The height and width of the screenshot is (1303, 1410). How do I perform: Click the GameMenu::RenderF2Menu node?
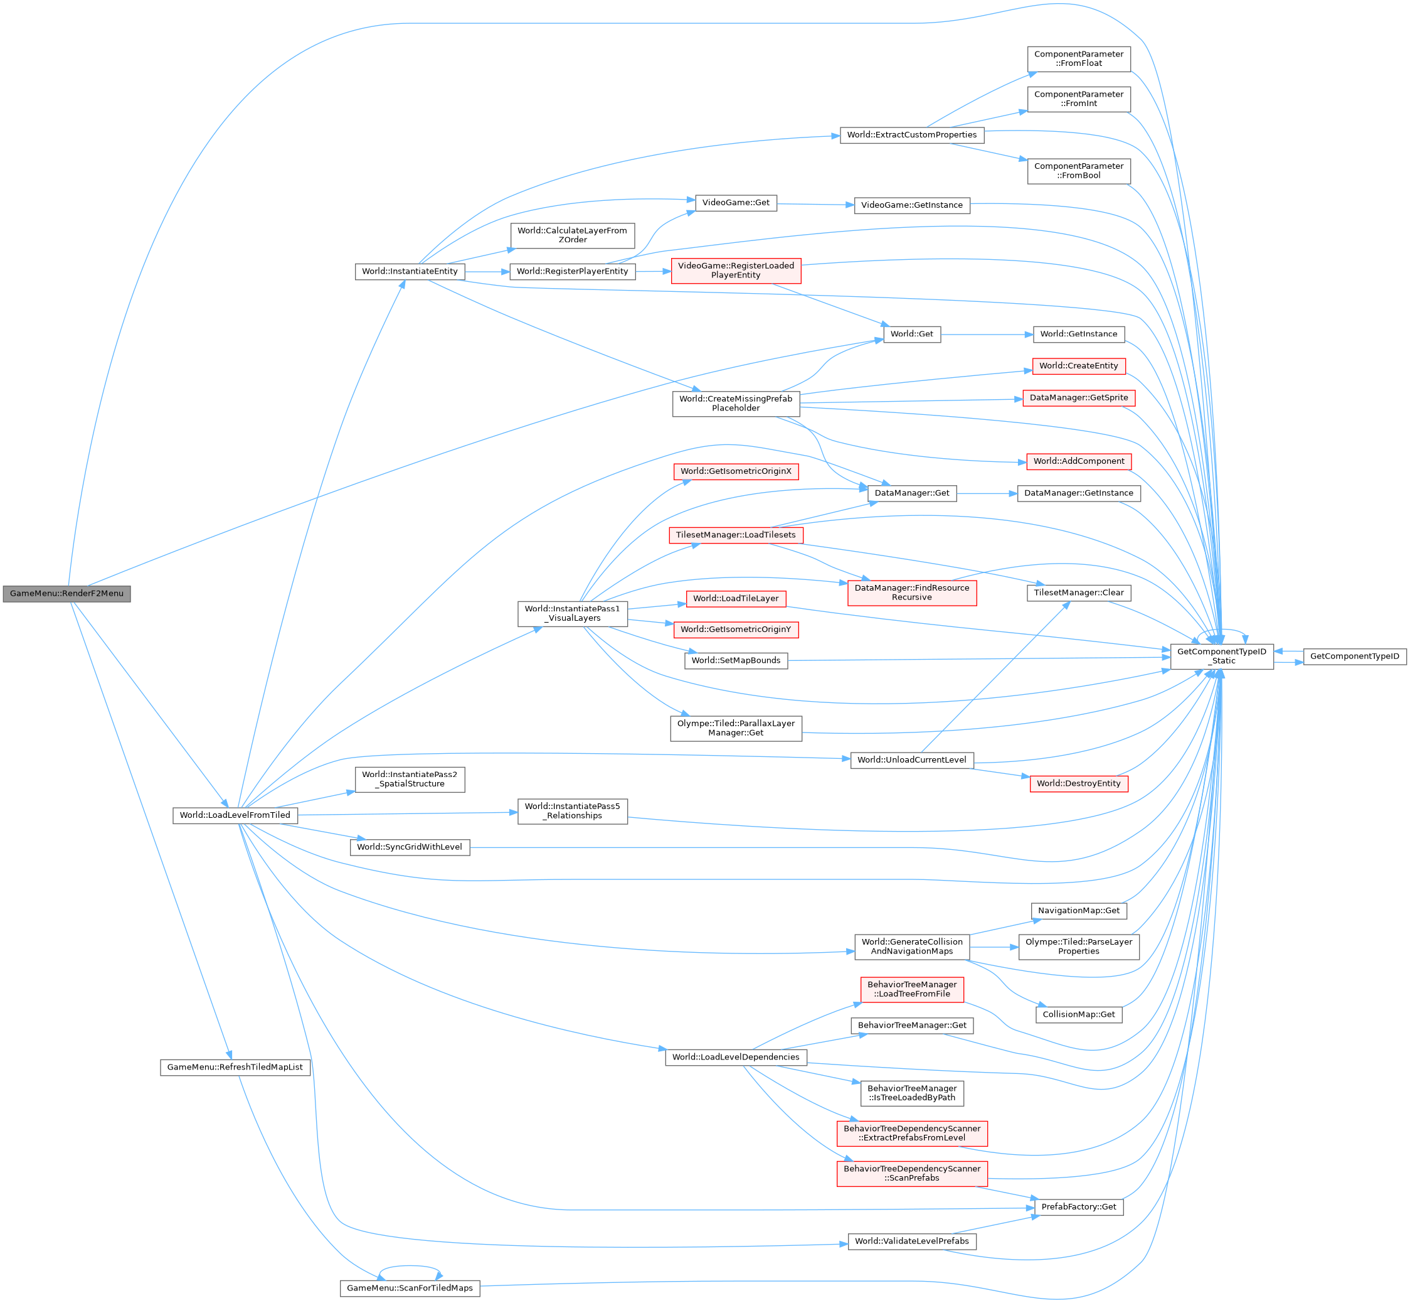pos(66,594)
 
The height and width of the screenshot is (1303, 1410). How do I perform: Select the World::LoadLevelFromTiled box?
pos(235,815)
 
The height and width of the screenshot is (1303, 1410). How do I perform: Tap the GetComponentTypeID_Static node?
pos(1221,657)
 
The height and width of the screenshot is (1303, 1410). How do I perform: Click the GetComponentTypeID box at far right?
pos(1354,657)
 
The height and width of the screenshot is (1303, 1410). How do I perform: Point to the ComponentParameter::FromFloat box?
pos(1078,58)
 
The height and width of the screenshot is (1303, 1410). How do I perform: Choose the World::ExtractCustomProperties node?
pos(911,135)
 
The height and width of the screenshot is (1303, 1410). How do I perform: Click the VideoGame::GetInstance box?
pos(911,205)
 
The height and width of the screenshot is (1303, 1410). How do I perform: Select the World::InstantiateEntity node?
pos(410,271)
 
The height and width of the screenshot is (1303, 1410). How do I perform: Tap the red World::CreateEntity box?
pos(1078,366)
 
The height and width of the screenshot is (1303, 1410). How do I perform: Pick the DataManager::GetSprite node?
pos(1078,398)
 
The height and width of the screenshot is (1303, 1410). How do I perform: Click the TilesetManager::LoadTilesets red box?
pos(735,535)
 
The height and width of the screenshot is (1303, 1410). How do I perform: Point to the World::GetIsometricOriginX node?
pos(735,471)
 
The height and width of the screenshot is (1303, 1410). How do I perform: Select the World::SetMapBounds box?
pos(735,661)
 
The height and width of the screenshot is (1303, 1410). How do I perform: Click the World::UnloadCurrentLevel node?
pos(911,760)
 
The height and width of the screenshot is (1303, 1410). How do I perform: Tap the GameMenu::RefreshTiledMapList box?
pos(235,1068)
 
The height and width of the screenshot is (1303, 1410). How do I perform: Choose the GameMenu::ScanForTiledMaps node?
pos(410,1288)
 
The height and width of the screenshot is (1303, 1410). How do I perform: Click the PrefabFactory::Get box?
pos(1078,1207)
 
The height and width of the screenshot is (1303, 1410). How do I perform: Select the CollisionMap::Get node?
pos(1078,1015)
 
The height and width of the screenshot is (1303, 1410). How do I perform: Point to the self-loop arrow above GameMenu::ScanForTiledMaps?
pos(410,1267)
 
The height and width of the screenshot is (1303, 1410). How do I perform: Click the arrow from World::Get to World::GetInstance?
pos(987,334)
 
